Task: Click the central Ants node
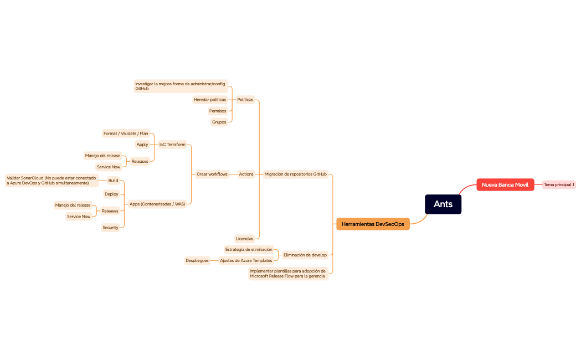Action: tap(443, 204)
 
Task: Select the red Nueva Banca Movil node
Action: tap(505, 184)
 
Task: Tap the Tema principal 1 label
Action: tap(559, 184)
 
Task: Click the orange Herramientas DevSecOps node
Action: tap(373, 224)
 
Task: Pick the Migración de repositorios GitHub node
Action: tap(295, 174)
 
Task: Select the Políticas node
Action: tap(245, 100)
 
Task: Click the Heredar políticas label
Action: tap(210, 100)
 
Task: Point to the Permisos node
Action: tap(218, 111)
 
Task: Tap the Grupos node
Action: tap(219, 122)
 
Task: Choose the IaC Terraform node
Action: tap(172, 145)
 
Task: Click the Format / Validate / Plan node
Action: tap(126, 133)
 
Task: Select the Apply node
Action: tap(142, 145)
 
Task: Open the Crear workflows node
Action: tap(212, 174)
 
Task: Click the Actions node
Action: tap(246, 174)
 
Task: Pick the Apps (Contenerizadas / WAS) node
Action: tap(157, 204)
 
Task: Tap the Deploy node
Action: tap(111, 194)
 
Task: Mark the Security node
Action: tap(110, 228)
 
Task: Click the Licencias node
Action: tap(244, 239)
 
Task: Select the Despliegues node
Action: tap(197, 260)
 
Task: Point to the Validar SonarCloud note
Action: tap(52, 181)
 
